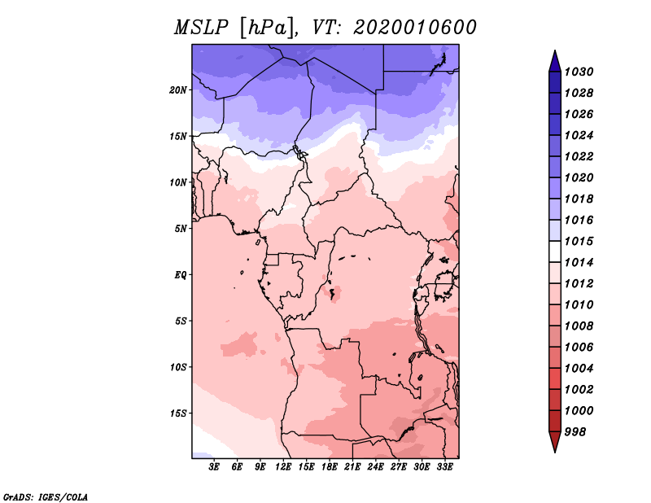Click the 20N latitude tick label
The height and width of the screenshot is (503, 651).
[178, 90]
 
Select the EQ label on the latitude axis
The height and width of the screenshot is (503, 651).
[181, 274]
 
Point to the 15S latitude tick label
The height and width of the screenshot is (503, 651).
[178, 413]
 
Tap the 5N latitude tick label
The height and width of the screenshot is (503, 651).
[181, 228]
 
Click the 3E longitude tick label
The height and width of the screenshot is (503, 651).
[215, 467]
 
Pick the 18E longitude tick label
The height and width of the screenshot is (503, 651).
[330, 467]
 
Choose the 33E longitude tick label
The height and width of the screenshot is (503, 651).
[444, 467]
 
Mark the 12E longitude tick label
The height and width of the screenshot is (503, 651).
[284, 467]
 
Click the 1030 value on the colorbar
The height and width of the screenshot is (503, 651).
[583, 72]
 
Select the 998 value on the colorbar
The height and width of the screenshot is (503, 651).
[580, 431]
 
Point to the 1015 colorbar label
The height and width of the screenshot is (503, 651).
[583, 241]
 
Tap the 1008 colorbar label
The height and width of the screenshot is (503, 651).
[583, 326]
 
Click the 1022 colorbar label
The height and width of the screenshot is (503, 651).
[583, 156]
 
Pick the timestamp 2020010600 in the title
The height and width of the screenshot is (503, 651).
[415, 28]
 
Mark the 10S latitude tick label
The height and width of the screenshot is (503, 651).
[178, 366]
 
